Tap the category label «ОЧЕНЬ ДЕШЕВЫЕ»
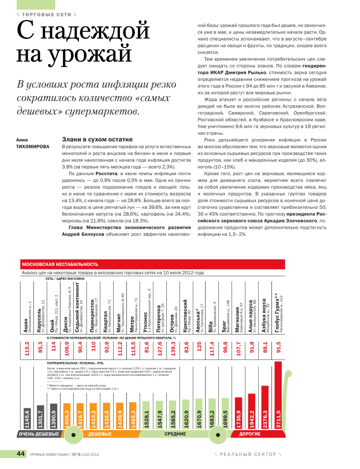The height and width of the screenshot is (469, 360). point(38,434)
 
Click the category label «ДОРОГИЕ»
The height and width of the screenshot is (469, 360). point(250,434)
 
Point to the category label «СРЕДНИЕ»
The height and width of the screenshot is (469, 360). point(175,434)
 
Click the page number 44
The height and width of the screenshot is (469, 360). point(21,454)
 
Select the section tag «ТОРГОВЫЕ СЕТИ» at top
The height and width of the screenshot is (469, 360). point(46,13)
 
